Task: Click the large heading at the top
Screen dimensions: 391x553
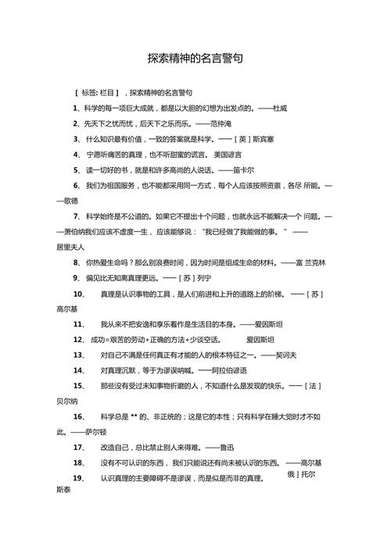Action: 195,59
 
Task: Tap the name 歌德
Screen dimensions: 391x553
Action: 67,201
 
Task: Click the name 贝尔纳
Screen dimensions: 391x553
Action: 67,401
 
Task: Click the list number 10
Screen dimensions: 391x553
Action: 78,294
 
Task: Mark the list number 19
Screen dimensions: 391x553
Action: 78,478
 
